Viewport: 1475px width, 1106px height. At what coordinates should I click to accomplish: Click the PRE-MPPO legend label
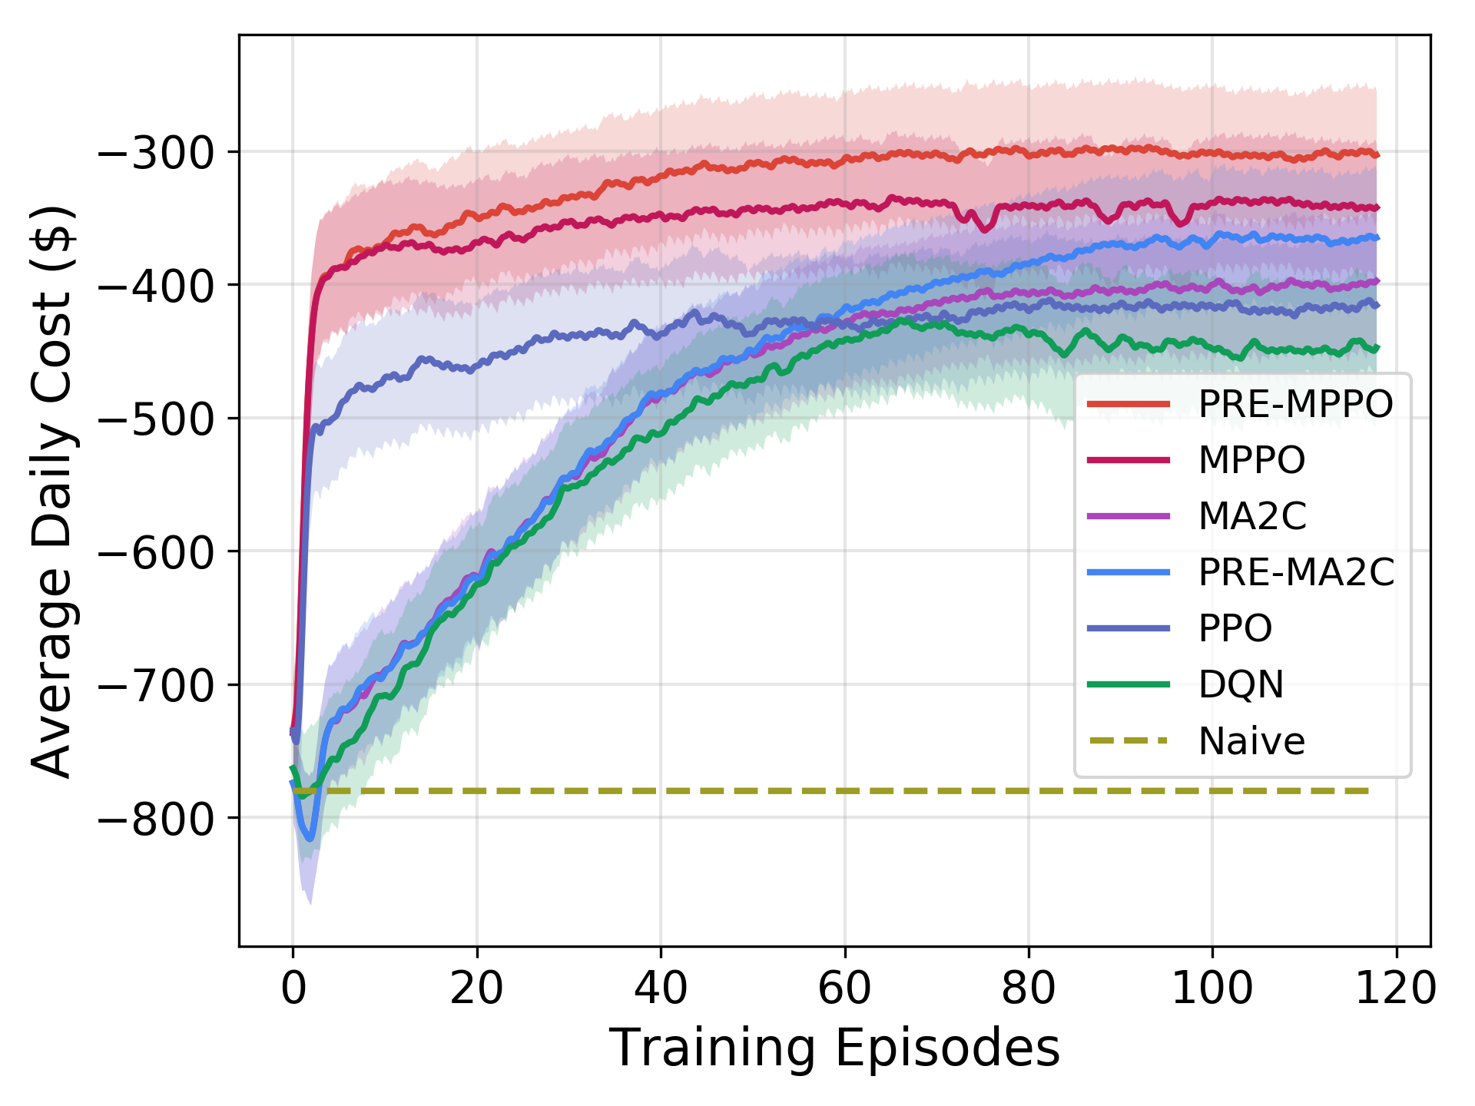1295,404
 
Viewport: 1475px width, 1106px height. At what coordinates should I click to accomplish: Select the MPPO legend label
1251,460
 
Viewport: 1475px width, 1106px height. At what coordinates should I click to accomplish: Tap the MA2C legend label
1252,516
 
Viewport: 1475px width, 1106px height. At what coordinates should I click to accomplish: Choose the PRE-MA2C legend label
1296,572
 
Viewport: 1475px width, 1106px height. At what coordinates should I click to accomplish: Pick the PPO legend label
1235,628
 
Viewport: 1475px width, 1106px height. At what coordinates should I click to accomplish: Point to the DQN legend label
1241,684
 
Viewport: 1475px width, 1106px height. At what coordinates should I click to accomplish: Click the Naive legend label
1251,741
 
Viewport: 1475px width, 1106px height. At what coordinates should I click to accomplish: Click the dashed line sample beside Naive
1129,741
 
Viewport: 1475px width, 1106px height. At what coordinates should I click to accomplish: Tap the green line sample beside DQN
1129,684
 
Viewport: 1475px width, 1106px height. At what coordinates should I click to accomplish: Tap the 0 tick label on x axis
293,988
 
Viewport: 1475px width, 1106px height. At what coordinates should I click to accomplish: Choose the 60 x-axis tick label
844,988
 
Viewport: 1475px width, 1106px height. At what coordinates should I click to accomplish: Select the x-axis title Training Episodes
834,1048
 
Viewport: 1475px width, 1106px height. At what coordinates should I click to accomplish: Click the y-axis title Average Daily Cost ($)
52,492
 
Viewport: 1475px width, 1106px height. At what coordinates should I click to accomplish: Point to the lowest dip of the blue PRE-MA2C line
310,838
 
